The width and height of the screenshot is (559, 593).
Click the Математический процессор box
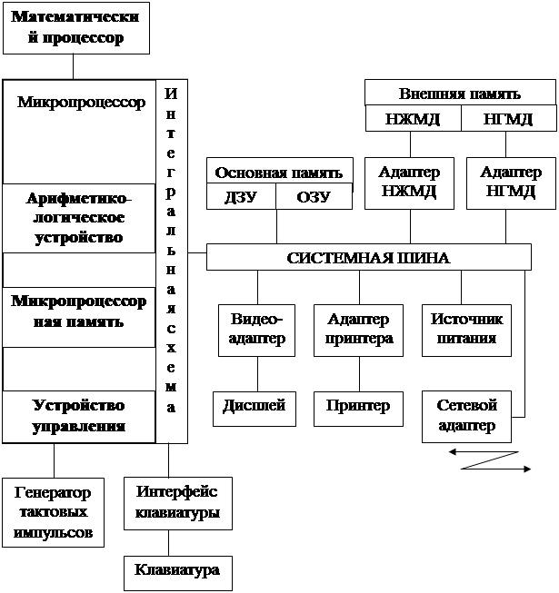point(68,28)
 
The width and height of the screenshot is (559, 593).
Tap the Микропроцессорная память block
point(78,311)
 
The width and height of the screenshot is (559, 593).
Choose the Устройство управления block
point(78,415)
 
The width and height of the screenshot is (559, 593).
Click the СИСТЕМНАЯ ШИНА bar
point(368,257)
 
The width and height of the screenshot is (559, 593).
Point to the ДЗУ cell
point(241,198)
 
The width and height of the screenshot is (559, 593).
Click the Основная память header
point(277,172)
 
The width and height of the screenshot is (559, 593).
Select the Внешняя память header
point(459,94)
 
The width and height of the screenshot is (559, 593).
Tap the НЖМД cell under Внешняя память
point(413,119)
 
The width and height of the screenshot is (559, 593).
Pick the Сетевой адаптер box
point(466,415)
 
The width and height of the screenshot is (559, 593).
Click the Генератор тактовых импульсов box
point(53,512)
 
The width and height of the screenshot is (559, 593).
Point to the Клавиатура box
point(177,570)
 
